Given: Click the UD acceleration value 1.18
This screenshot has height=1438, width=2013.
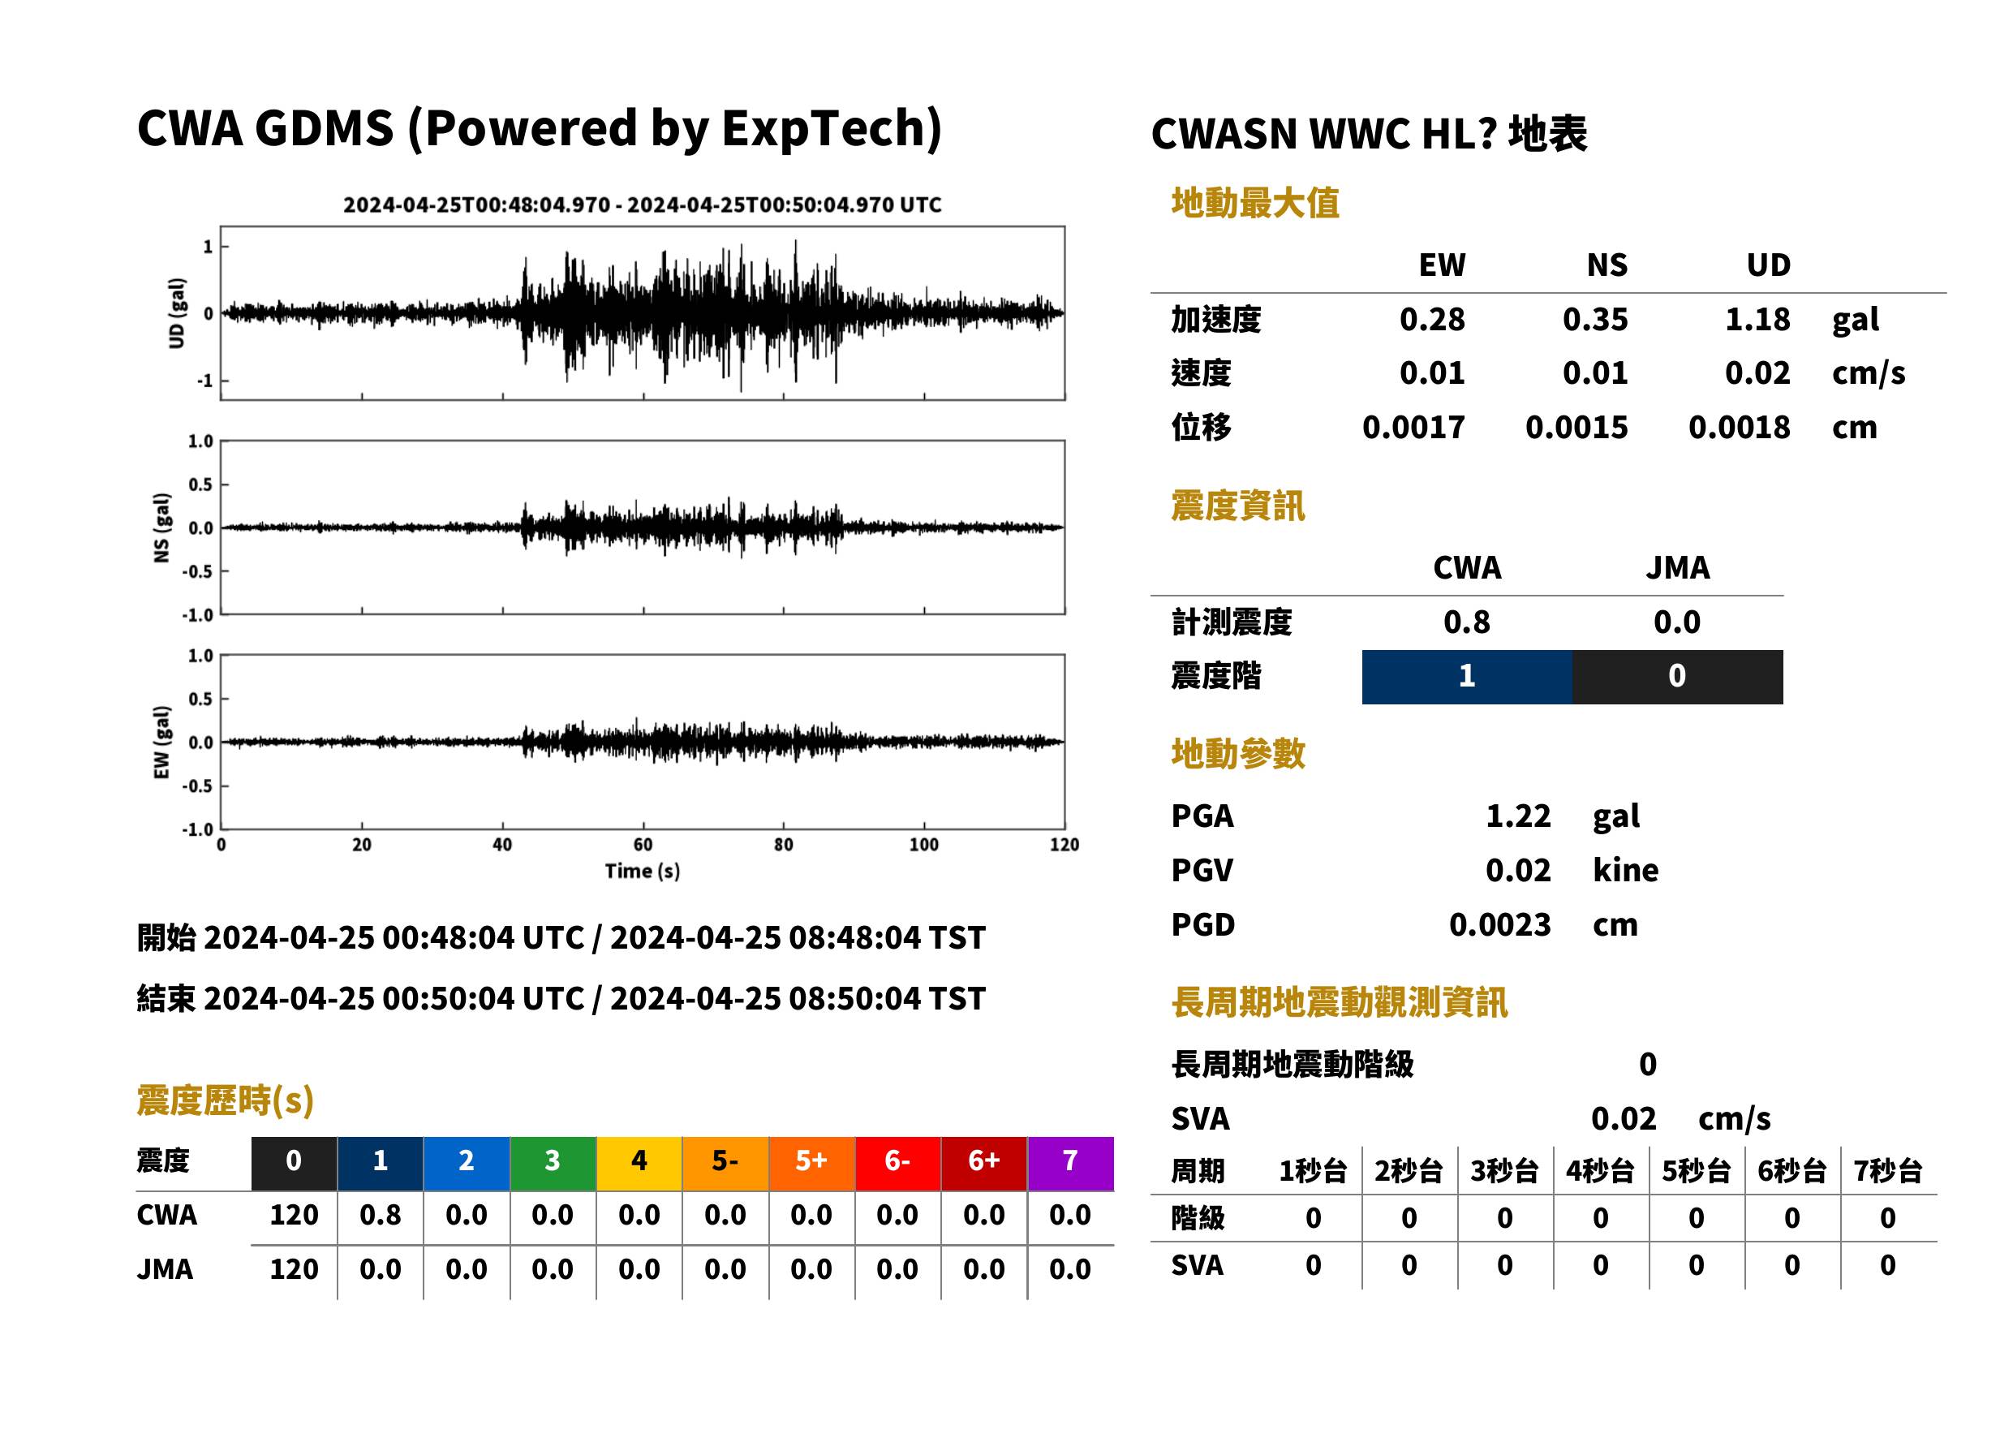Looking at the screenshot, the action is [x=1757, y=320].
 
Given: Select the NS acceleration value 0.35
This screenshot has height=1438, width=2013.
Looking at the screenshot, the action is [x=1594, y=320].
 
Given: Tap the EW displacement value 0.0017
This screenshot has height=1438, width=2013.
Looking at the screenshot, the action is [x=1413, y=428].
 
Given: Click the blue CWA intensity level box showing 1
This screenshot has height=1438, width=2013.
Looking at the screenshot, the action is [x=1467, y=677].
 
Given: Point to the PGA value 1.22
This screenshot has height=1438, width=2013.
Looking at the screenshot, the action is [x=1518, y=816].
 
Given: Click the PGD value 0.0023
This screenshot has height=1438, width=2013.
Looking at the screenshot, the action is [x=1499, y=924].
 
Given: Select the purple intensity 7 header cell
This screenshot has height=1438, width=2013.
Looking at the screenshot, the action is [x=1070, y=1163].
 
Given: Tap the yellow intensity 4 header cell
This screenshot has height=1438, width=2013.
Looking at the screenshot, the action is [x=639, y=1163].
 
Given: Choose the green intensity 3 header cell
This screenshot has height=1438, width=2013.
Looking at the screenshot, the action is [x=553, y=1163].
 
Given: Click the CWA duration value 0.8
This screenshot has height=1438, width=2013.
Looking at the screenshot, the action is [x=380, y=1215].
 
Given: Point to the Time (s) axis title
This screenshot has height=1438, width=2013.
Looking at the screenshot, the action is [x=643, y=872].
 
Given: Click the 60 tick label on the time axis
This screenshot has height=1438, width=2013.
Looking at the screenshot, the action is [x=643, y=845].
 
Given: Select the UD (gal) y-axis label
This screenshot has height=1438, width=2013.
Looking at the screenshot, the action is [x=177, y=312].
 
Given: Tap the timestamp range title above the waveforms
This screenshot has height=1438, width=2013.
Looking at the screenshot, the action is [x=643, y=205].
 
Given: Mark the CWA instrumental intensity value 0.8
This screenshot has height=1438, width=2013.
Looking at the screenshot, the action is [x=1467, y=622].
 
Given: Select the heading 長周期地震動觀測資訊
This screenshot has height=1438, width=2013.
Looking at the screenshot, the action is [x=1339, y=1002].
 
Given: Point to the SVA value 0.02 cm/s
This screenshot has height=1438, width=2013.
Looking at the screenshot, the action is [x=1680, y=1119].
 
